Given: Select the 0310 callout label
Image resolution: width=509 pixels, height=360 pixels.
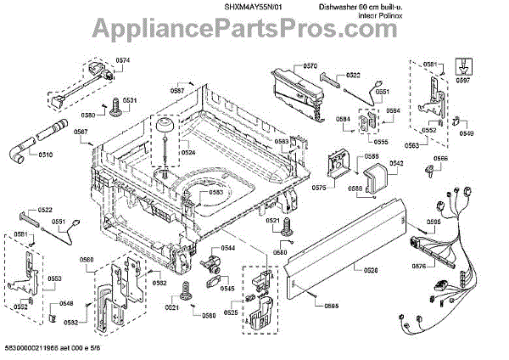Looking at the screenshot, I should (x=45, y=155).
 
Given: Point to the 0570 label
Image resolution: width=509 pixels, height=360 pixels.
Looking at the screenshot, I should (x=310, y=66).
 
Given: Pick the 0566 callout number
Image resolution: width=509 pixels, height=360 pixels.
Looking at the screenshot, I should (x=441, y=159).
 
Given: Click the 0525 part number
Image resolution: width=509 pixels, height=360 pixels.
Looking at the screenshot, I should (x=231, y=313).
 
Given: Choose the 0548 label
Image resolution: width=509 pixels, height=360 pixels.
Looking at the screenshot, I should (x=66, y=303).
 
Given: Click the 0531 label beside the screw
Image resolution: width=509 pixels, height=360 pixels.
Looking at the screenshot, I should (x=129, y=101).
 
